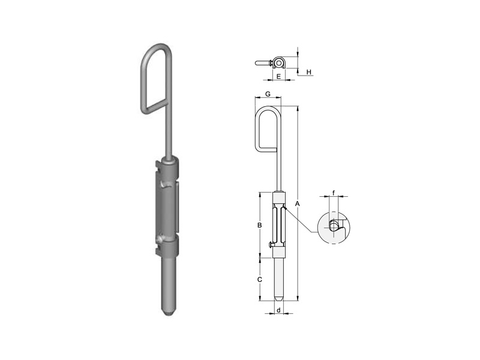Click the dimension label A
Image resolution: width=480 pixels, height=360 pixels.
pos(297,204)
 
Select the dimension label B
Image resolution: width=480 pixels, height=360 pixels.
pos(260,226)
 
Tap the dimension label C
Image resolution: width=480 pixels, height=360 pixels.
pos(260,280)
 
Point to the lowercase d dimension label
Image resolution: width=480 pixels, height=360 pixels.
pos(278,310)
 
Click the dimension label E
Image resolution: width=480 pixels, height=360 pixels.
pos(278,76)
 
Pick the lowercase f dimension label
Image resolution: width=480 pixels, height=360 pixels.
pos(334,193)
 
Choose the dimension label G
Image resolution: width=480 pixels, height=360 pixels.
pos(268,94)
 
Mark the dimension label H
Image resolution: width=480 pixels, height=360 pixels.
pos(309,72)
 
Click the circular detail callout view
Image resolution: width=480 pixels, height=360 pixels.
pos(334,227)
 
